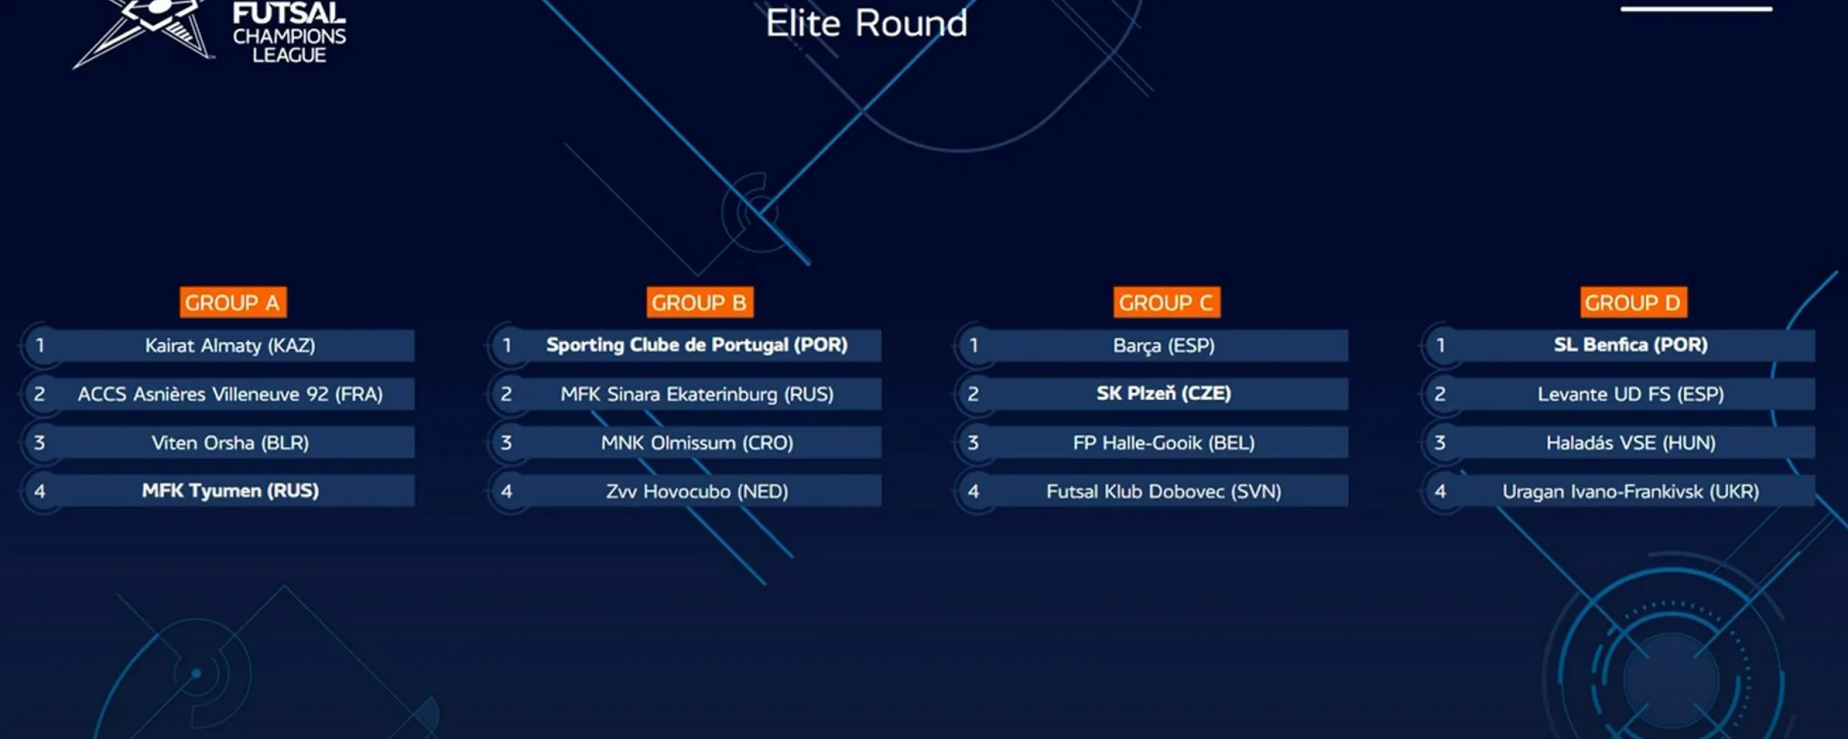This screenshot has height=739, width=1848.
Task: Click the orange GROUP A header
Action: click(233, 302)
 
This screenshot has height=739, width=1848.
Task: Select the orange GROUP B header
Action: click(699, 302)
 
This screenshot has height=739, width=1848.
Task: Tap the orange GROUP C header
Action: click(1166, 302)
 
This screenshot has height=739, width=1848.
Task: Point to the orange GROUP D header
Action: click(1634, 302)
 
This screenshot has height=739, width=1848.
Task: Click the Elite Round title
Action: click(866, 23)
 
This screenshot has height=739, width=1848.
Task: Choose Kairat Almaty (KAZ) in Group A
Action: click(230, 345)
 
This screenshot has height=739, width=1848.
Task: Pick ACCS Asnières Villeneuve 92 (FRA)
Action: click(230, 394)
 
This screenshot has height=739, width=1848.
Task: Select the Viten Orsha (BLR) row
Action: click(230, 443)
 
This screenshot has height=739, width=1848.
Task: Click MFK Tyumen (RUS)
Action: click(230, 491)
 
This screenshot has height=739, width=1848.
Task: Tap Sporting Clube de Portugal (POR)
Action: click(697, 345)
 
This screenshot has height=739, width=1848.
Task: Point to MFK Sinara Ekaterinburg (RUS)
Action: click(697, 394)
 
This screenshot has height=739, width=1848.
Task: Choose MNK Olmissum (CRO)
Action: click(697, 443)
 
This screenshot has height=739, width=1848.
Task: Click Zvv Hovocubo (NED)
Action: click(697, 491)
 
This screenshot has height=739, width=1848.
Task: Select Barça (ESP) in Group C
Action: click(1164, 345)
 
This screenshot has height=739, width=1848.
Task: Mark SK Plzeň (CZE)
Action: click(1164, 393)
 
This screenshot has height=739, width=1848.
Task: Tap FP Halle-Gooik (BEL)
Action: click(1164, 443)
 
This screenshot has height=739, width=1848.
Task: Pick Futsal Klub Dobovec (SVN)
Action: click(1164, 491)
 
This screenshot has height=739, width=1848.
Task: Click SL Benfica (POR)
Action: click(1631, 344)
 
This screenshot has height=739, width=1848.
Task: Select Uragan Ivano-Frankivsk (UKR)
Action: click(1631, 491)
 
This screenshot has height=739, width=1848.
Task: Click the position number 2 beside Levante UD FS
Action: click(1440, 394)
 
